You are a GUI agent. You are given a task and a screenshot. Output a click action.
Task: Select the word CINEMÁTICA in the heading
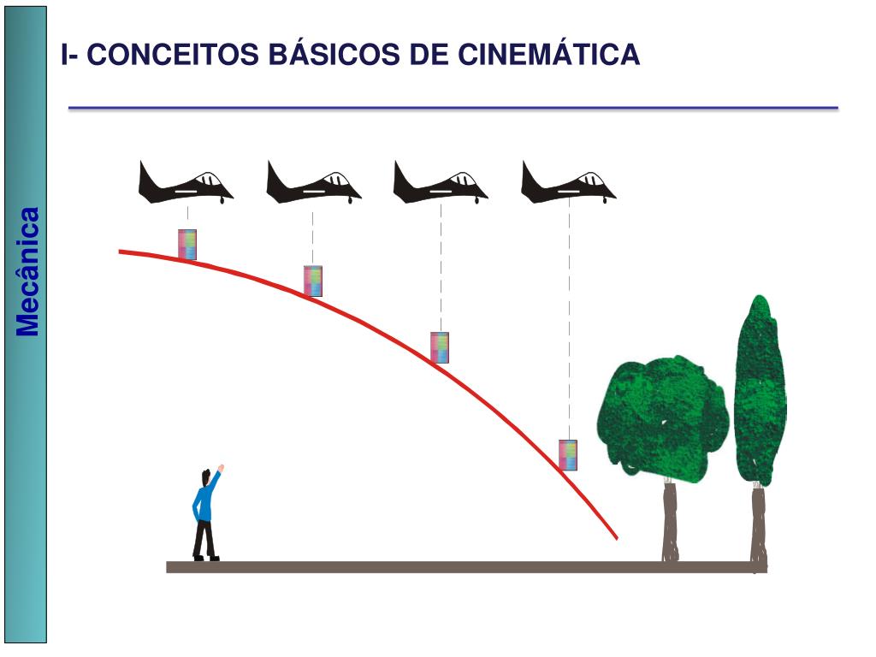click(x=548, y=55)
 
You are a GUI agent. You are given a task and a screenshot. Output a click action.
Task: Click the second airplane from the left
click(x=313, y=183)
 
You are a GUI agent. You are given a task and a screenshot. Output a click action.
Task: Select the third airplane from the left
click(x=440, y=183)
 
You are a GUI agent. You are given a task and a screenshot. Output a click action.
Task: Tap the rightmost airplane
click(x=568, y=183)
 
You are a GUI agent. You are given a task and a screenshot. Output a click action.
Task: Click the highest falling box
click(x=187, y=244)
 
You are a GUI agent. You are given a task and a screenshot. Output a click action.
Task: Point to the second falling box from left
click(x=313, y=281)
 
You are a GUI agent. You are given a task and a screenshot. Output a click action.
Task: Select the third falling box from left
click(x=440, y=347)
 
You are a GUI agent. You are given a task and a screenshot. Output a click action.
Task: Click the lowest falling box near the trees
click(x=568, y=454)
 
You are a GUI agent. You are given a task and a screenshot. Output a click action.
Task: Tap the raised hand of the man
click(x=221, y=468)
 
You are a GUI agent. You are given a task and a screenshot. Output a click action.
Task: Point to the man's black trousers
click(x=204, y=539)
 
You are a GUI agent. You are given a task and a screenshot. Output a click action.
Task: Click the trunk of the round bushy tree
click(x=669, y=521)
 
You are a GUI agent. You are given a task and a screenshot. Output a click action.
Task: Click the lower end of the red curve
click(x=614, y=536)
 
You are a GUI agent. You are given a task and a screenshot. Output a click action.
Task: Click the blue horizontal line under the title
click(x=453, y=109)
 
